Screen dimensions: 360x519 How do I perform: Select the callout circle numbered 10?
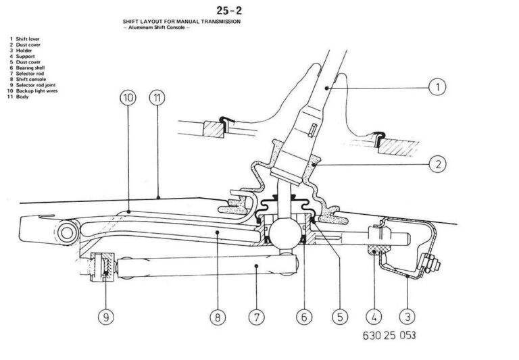pos(128,99)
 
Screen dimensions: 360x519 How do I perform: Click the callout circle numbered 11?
pos(157,99)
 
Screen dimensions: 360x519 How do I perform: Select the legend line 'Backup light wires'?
pos(33,91)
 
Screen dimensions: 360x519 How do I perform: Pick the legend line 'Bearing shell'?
pos(28,68)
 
